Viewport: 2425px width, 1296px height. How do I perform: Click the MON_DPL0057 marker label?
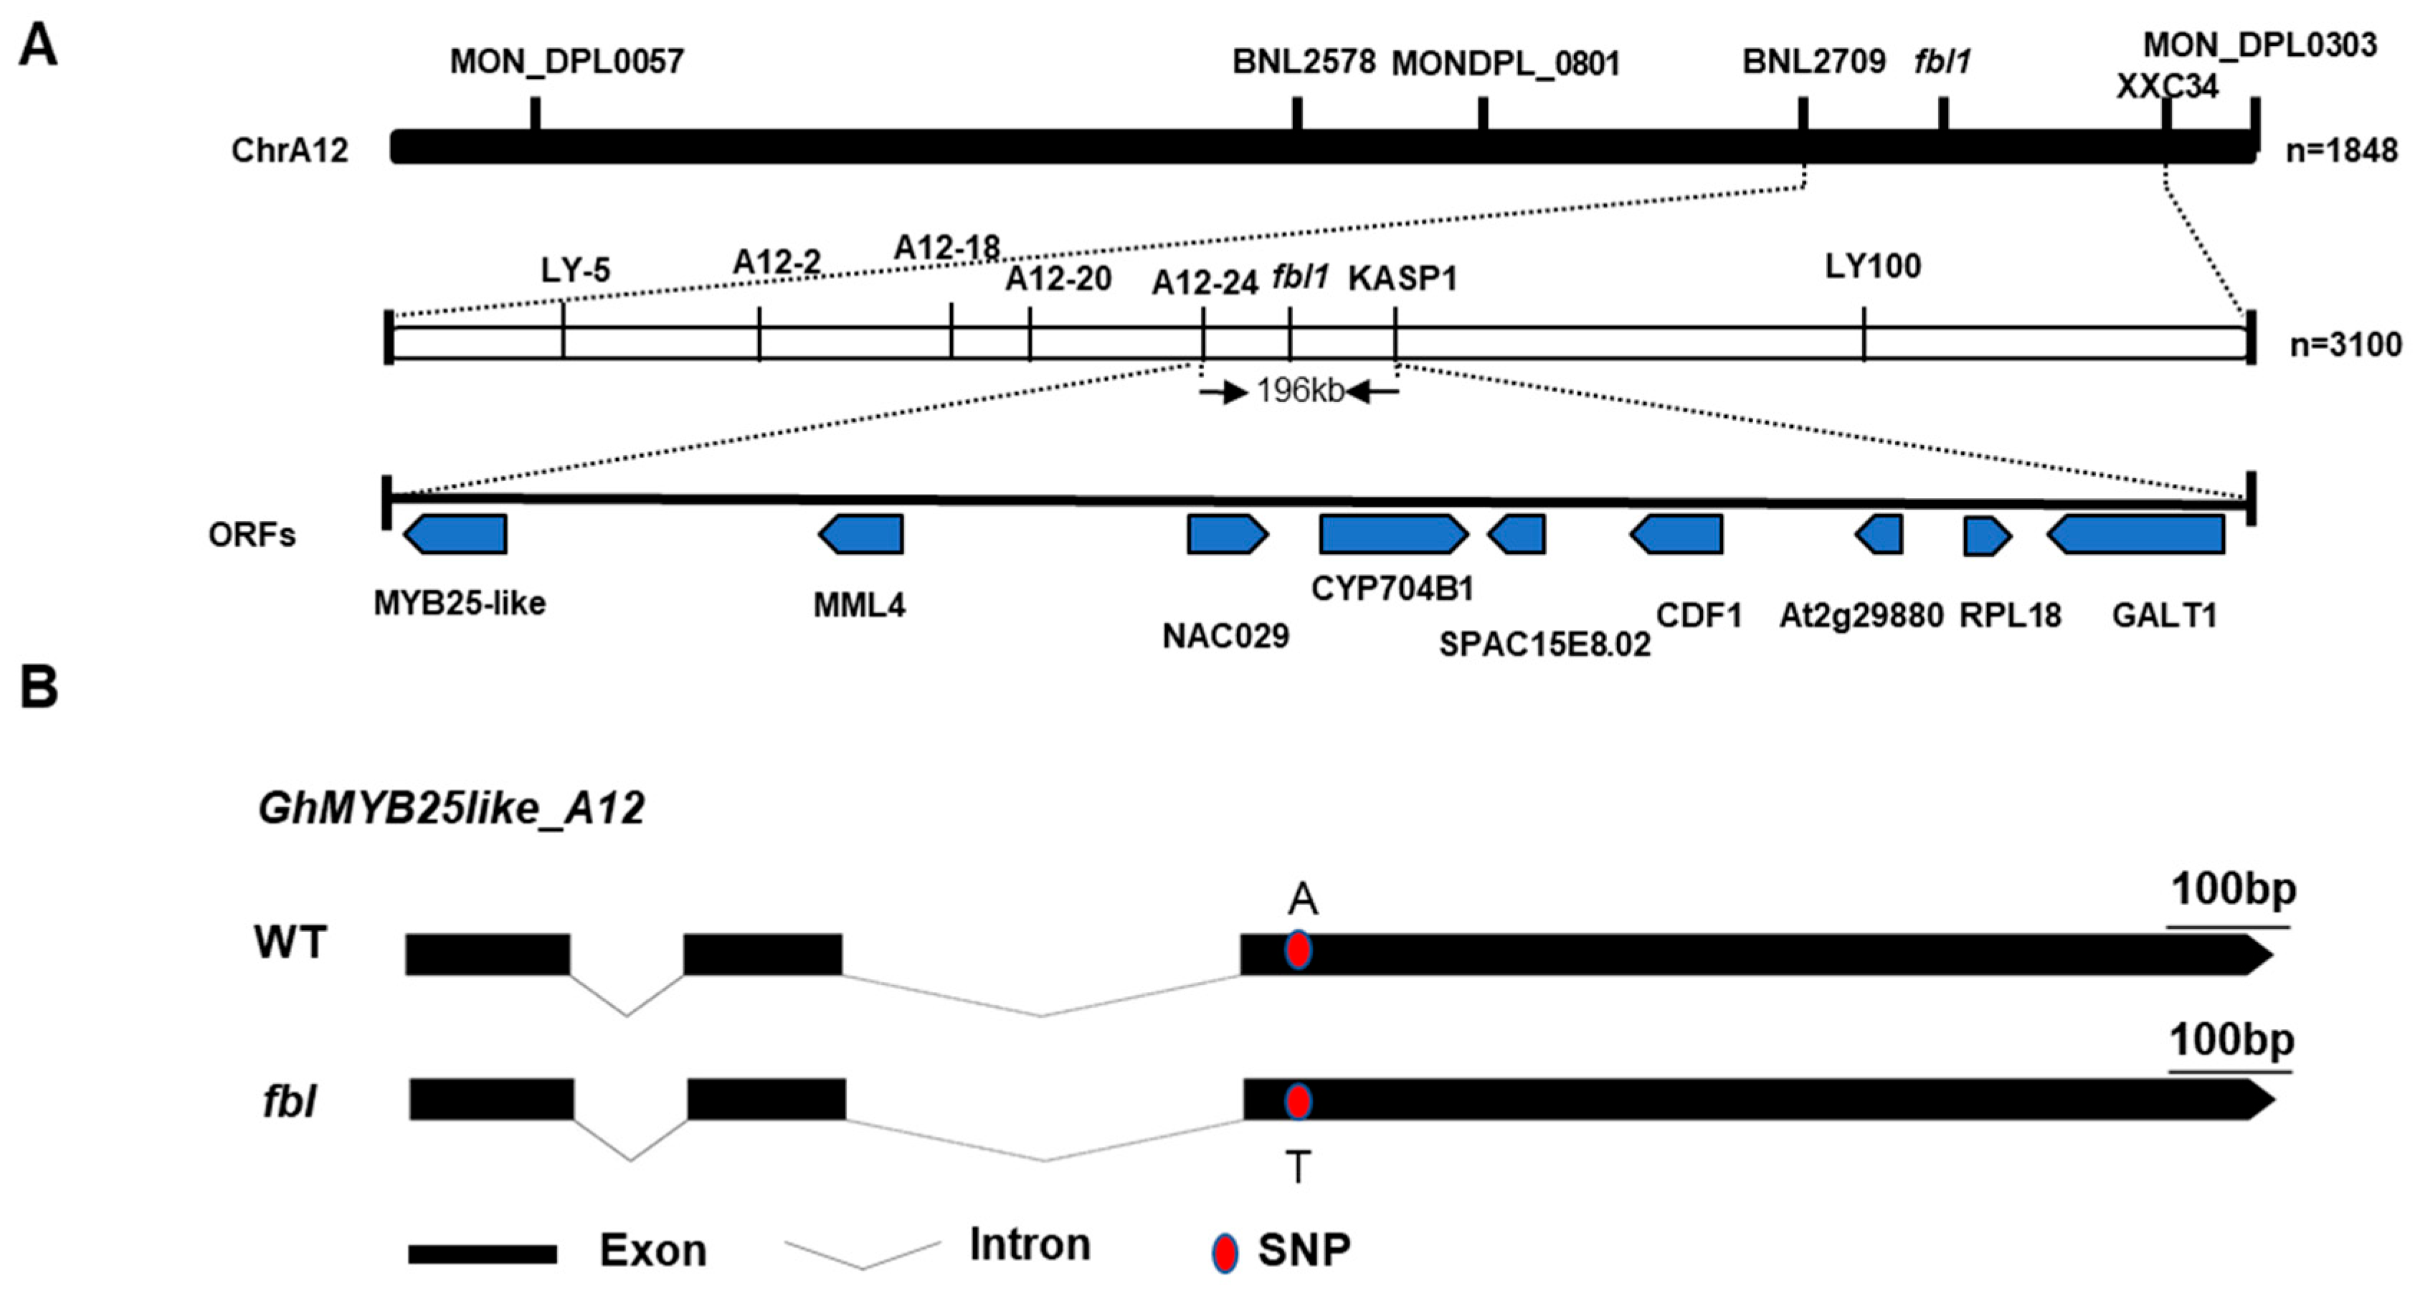point(566,62)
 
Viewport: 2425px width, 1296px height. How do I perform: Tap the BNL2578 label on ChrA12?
point(1304,62)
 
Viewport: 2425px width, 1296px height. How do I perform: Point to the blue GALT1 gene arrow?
point(2136,535)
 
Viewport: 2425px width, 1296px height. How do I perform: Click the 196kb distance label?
point(1300,391)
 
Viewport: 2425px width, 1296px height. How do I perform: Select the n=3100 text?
point(2345,345)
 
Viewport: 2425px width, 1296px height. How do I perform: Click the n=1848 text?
point(2341,151)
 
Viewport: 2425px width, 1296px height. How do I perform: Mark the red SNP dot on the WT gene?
point(1298,950)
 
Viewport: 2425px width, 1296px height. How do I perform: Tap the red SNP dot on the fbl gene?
point(1298,1100)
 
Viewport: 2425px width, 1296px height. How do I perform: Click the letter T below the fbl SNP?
point(1298,1168)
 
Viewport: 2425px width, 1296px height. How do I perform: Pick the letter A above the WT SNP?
point(1303,900)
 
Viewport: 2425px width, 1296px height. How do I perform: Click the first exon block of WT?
point(488,954)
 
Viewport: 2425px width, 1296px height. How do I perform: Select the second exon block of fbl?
point(767,1100)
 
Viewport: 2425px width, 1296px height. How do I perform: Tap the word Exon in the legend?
point(652,1251)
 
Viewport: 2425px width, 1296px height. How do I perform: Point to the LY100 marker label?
point(1872,267)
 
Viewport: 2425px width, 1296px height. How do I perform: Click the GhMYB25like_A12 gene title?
point(451,808)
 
